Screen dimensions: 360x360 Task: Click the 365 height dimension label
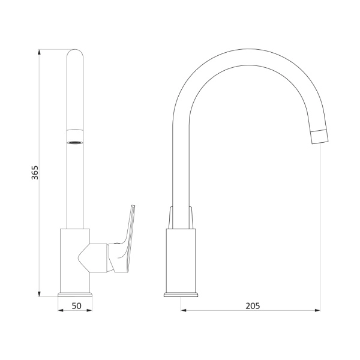35,172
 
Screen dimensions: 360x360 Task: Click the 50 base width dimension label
76,306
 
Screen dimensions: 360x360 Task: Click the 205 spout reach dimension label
253,306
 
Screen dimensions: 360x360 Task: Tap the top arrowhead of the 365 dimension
39,52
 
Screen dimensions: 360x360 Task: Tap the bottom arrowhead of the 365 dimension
39,293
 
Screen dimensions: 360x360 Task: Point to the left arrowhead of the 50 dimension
61,310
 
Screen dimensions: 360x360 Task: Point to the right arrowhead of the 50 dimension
89,310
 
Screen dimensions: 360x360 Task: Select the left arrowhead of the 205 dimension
184,310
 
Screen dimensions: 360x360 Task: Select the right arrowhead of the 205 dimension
317,310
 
